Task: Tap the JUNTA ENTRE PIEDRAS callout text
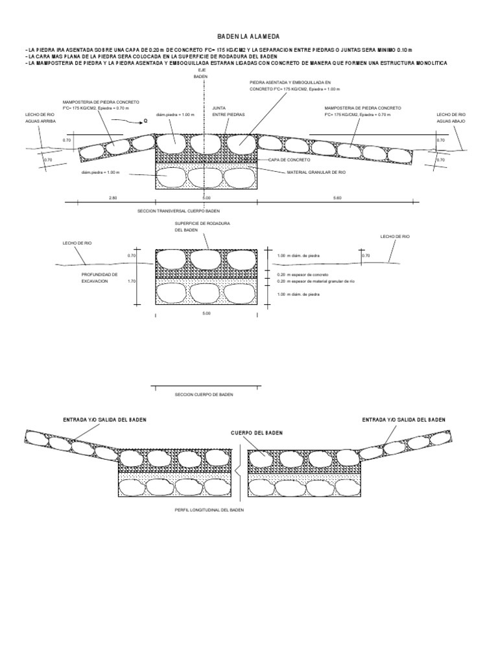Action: [x=224, y=112]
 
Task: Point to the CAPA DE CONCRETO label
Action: [x=286, y=159]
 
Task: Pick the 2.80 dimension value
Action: [x=113, y=196]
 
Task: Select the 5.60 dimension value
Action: [x=337, y=196]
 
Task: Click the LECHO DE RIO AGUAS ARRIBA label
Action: [x=40, y=117]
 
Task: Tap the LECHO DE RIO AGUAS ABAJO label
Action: [x=452, y=117]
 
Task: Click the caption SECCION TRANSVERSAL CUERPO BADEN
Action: [x=179, y=211]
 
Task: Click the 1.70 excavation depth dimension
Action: [x=132, y=281]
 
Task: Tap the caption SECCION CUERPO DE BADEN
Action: [x=204, y=394]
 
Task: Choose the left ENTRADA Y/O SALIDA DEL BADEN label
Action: [x=104, y=420]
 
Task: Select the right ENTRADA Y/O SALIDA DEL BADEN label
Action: [x=404, y=420]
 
